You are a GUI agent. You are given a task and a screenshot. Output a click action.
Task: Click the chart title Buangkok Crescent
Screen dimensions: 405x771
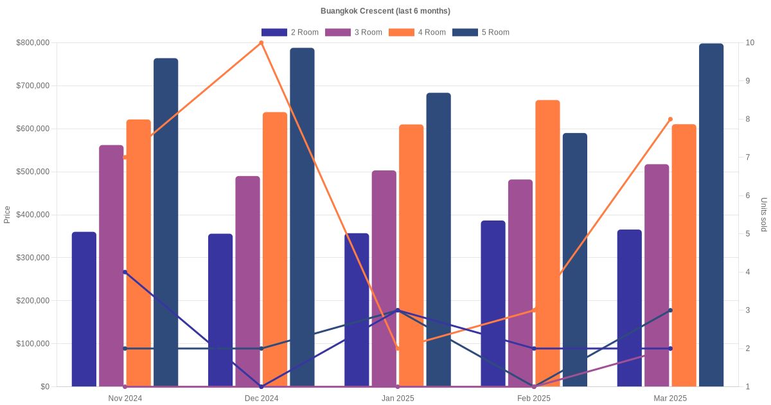[385, 11]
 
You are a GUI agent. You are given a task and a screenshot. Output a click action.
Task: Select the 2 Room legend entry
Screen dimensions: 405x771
[290, 32]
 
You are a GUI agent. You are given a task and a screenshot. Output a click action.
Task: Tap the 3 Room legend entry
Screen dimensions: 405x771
[353, 32]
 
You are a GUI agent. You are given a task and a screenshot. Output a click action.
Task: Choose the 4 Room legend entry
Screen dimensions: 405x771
[417, 32]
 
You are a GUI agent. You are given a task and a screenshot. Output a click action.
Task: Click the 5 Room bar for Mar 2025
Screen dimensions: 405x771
[711, 215]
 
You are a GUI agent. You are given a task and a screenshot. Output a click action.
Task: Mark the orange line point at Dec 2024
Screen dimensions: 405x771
[261, 43]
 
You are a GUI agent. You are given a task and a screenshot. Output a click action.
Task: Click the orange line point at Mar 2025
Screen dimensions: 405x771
[670, 120]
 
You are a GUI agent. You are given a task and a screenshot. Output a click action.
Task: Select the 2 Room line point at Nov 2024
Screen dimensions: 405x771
[125, 273]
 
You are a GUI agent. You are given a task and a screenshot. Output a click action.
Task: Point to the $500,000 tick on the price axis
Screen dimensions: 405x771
[32, 172]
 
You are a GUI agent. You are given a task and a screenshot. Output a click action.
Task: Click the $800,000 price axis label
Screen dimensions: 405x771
[32, 43]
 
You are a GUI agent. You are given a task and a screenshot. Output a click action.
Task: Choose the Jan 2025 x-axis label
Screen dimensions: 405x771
[398, 399]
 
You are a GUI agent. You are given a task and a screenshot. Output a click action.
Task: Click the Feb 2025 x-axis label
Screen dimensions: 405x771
[534, 399]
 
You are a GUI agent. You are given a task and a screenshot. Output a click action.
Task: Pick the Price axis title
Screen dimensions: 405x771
[7, 215]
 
